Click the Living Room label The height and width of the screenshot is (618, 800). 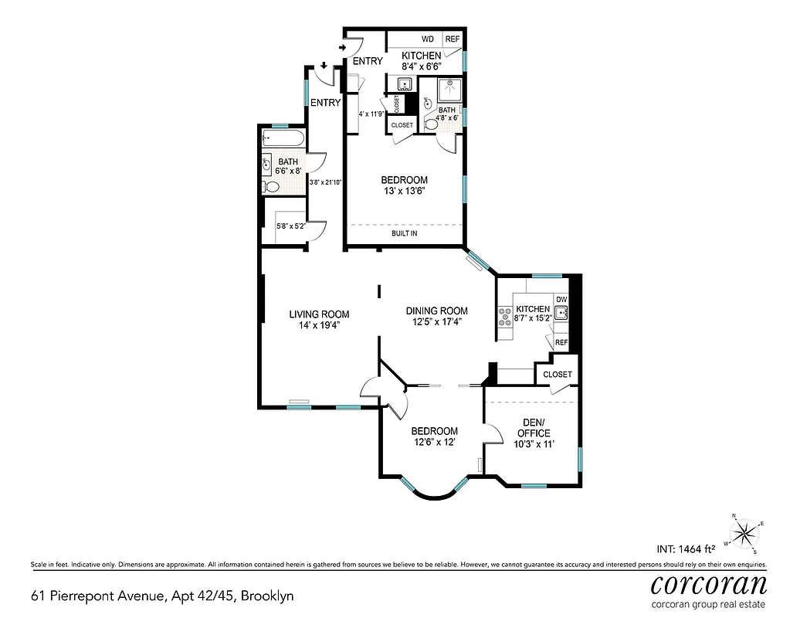(319, 314)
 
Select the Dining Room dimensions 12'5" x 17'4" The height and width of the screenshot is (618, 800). (437, 323)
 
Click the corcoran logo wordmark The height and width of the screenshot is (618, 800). (708, 583)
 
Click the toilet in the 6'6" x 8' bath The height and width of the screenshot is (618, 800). (271, 187)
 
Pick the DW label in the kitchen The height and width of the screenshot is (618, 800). (561, 300)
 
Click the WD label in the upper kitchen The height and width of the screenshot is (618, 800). (427, 39)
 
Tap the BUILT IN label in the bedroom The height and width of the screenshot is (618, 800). (405, 233)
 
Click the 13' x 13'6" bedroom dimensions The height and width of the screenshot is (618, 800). (404, 191)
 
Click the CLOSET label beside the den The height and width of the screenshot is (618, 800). (557, 375)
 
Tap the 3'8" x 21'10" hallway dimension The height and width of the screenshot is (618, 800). (325, 183)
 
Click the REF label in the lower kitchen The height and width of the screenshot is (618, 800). (561, 342)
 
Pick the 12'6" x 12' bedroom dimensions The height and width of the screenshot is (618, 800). (434, 442)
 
